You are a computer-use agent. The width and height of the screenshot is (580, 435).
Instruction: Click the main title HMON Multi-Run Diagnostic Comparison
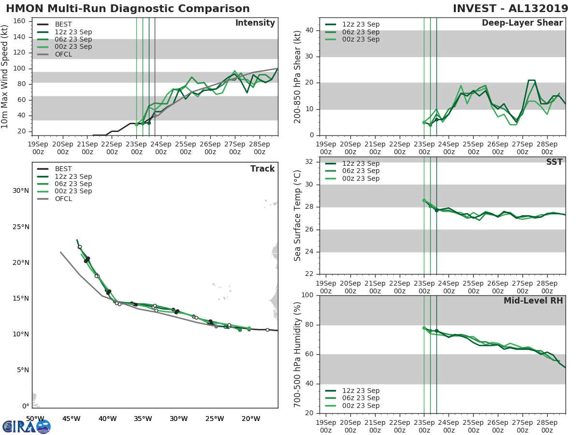point(128,9)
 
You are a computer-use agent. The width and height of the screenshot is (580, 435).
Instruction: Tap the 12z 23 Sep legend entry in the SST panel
point(361,163)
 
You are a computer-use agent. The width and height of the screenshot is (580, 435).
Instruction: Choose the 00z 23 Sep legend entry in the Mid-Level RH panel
point(361,406)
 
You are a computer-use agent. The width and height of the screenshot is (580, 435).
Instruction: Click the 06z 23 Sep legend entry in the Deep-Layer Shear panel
point(361,32)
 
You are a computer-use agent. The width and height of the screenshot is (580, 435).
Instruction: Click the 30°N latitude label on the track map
point(21,190)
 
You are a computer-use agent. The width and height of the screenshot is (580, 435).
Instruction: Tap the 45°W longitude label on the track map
point(71,419)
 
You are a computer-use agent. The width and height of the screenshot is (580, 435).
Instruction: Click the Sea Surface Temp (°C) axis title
point(298,215)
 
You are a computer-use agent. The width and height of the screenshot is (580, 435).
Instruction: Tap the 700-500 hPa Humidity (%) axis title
point(298,354)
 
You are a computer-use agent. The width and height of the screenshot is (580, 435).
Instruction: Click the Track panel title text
point(262,169)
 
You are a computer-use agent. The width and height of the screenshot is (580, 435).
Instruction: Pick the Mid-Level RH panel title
point(533,301)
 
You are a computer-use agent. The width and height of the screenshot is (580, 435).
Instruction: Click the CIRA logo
point(27,426)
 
